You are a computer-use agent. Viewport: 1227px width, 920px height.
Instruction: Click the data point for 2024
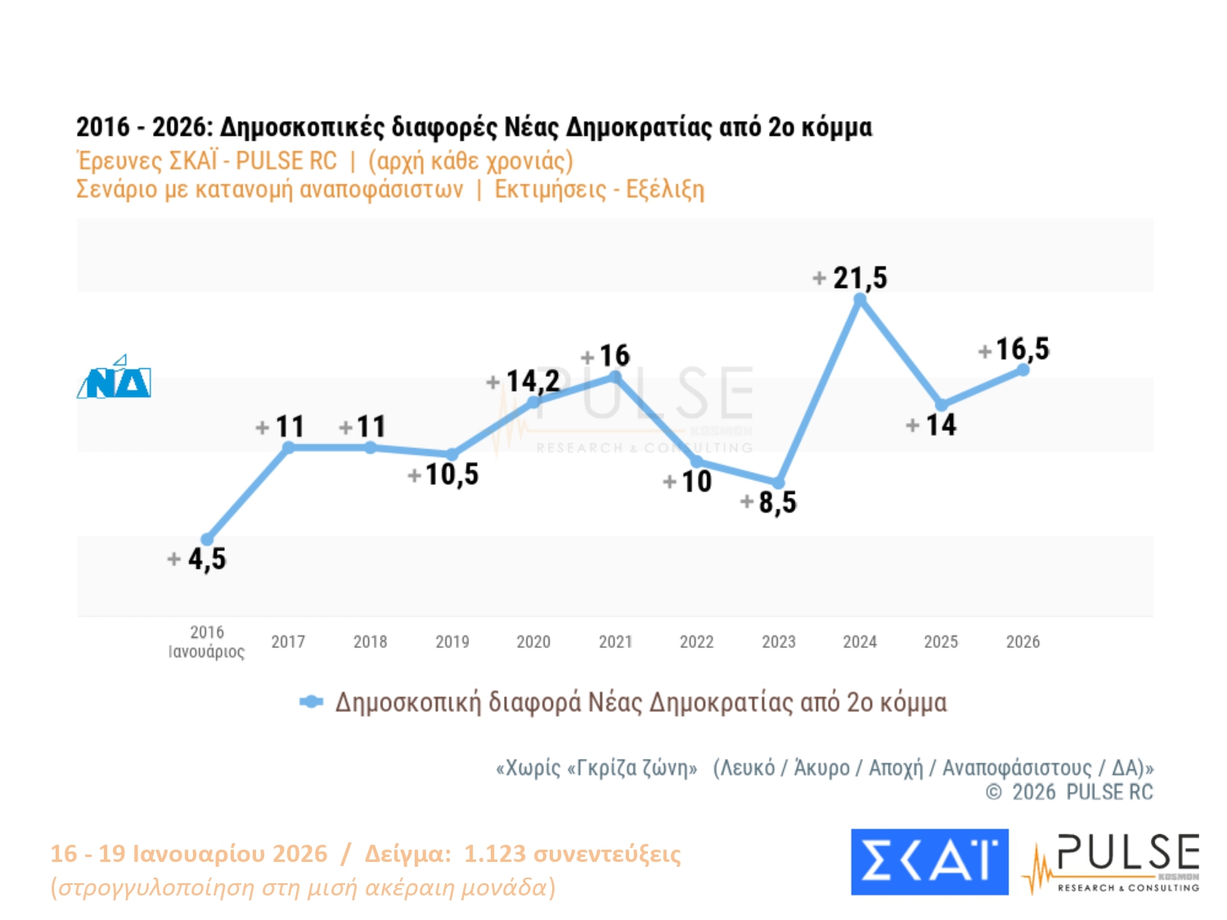(x=860, y=300)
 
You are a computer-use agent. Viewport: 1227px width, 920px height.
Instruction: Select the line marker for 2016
(x=207, y=539)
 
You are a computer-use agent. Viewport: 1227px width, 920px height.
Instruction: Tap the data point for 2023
(x=779, y=483)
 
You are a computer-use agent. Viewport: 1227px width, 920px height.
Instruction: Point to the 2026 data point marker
(x=1023, y=370)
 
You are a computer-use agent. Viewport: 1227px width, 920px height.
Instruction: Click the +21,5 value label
(x=851, y=278)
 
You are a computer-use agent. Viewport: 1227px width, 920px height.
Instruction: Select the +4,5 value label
(x=197, y=559)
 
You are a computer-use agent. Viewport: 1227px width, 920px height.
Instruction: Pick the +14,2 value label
(x=524, y=381)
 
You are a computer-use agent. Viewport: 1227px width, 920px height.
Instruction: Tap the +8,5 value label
(x=769, y=502)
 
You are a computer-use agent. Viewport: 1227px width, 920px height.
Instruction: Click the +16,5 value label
(x=1014, y=349)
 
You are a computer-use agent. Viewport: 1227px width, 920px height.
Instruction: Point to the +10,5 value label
(x=443, y=474)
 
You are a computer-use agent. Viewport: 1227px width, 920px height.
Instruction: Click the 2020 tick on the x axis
(x=533, y=642)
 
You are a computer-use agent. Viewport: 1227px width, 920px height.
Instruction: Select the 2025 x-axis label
(x=941, y=642)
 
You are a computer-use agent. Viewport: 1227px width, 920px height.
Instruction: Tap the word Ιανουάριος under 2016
(x=206, y=652)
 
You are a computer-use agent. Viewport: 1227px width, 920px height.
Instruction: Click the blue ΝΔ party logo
(x=115, y=379)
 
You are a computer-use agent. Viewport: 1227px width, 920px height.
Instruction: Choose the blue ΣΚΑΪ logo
(x=929, y=862)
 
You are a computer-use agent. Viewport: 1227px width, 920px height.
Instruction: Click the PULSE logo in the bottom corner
(x=1112, y=863)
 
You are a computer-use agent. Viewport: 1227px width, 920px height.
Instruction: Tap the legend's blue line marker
(x=311, y=702)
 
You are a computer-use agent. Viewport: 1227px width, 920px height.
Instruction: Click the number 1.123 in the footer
(x=494, y=854)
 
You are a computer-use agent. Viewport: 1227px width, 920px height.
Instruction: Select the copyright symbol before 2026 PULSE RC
(x=994, y=792)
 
